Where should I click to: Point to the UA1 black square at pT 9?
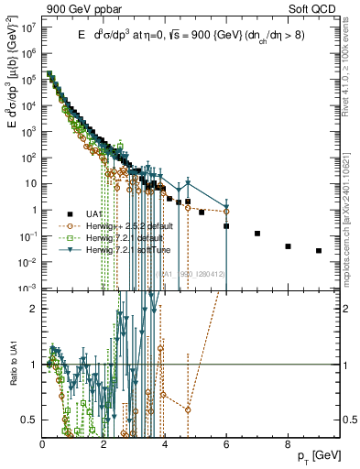coord(318,250)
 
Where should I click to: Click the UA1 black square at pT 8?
coord(288,245)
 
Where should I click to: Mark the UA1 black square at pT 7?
coord(257,234)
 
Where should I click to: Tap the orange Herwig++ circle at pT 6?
coord(226,211)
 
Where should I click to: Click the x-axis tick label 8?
coord(288,444)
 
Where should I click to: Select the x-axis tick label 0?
coord(43,444)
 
